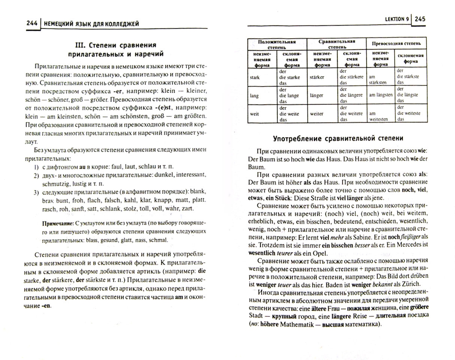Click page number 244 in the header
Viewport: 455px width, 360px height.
(32, 23)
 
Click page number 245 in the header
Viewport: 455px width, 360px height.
(420, 19)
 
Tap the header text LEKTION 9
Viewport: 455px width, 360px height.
(397, 19)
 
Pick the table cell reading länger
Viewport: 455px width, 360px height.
(316, 96)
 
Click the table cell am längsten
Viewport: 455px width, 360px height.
(381, 95)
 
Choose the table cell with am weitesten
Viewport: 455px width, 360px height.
(378, 116)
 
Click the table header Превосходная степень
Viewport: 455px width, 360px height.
(396, 43)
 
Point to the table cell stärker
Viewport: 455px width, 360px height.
(317, 77)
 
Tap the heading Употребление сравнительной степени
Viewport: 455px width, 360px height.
(338, 138)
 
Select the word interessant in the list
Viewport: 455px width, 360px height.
(191, 175)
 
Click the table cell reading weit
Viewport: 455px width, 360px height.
(254, 114)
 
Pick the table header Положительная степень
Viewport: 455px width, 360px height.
(277, 44)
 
